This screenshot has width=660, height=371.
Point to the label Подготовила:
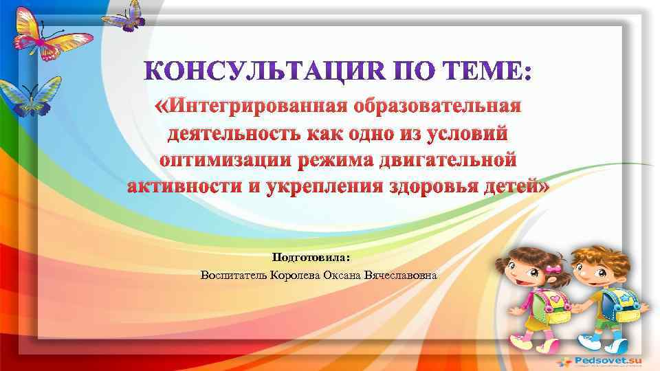(311, 258)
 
